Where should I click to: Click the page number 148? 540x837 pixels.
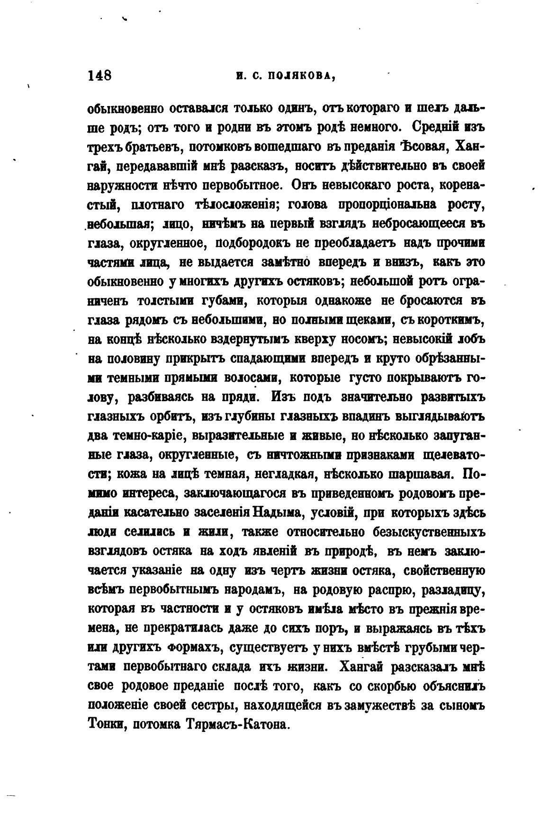pyautogui.click(x=99, y=76)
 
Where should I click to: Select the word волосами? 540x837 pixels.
pyautogui.click(x=245, y=379)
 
